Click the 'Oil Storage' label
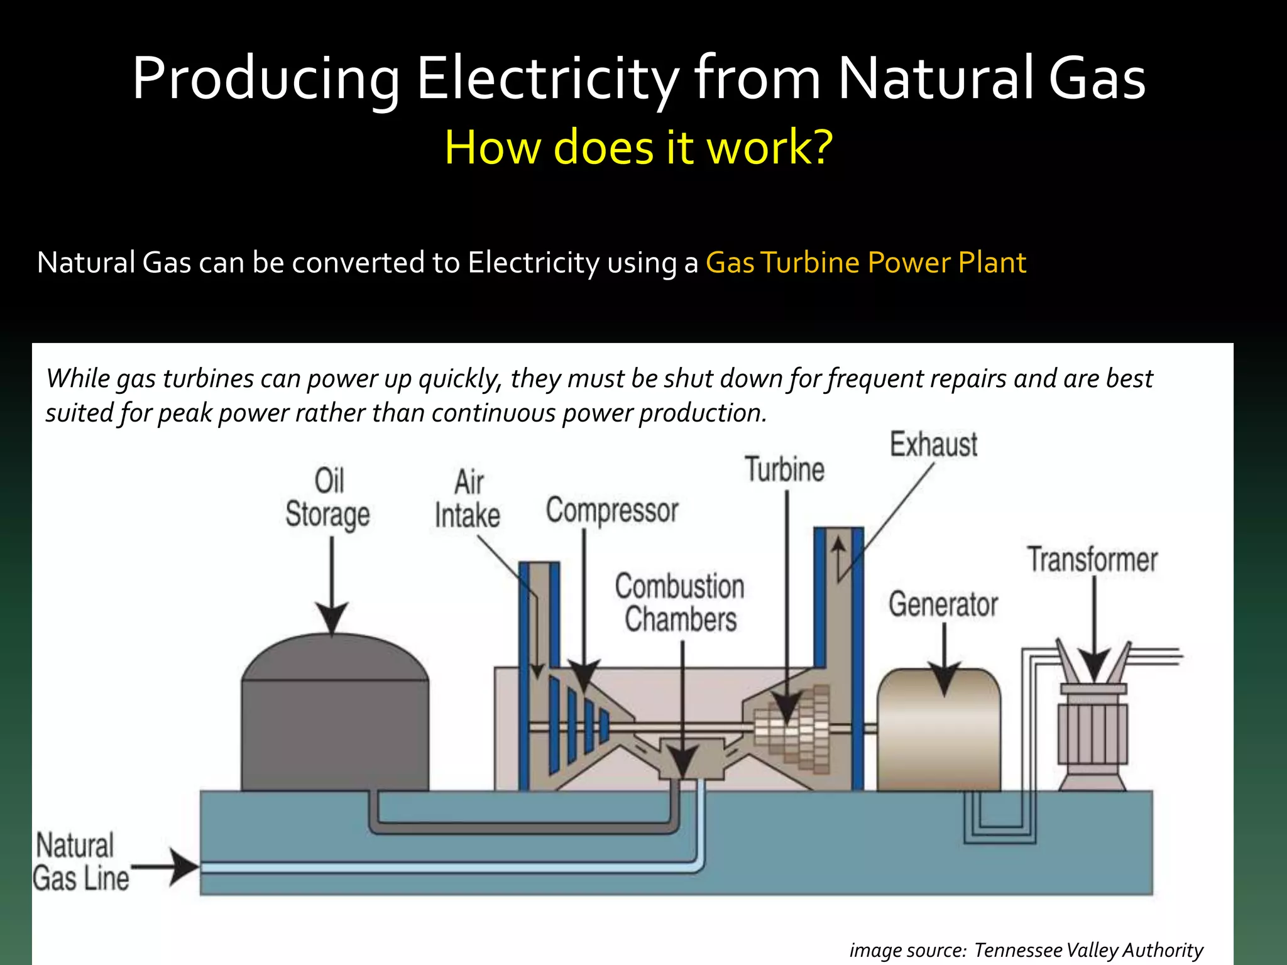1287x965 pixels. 327,498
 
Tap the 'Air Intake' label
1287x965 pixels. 468,499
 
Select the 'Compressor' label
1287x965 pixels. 612,510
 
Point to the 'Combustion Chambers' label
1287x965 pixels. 680,602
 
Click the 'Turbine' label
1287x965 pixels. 784,470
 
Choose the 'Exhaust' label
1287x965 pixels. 933,445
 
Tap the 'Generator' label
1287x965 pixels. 943,604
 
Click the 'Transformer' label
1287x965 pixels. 1092,560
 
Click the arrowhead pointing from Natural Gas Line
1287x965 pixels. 183,868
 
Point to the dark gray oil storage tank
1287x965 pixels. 335,729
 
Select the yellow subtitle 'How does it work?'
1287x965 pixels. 638,147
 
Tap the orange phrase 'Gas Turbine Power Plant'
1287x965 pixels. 865,263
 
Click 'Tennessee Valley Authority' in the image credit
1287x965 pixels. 1088,950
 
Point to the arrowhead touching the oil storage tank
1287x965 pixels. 331,618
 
